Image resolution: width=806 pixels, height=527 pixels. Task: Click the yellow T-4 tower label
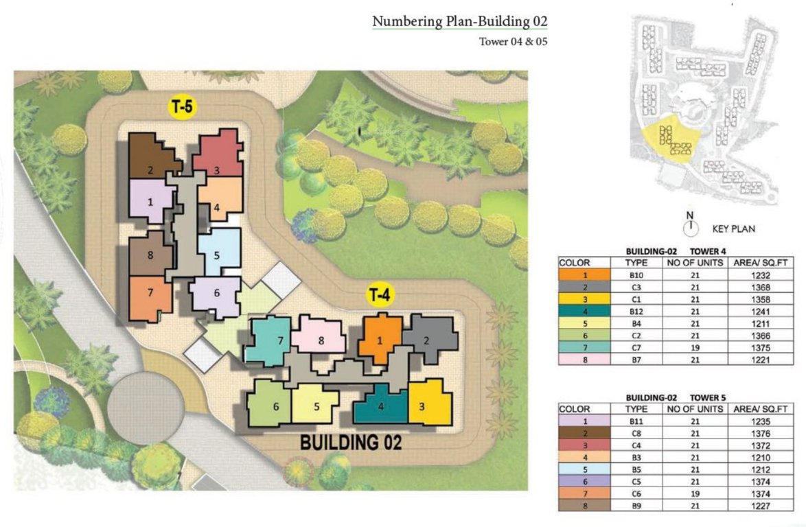coord(380,295)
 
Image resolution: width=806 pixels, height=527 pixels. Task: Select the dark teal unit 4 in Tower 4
coord(380,406)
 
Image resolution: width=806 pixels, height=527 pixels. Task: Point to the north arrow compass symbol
coord(690,224)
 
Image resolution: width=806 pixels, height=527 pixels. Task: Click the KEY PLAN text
coord(733,229)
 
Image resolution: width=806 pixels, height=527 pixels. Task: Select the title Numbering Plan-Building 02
coord(459,21)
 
